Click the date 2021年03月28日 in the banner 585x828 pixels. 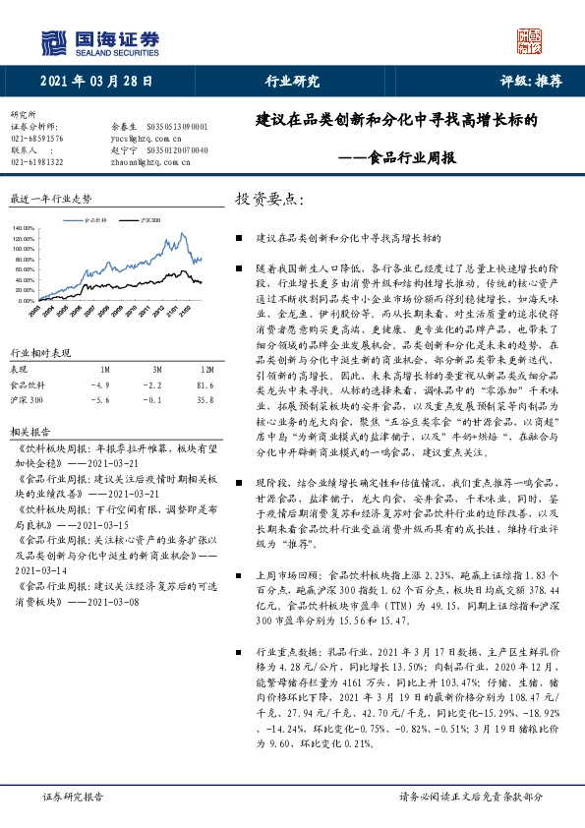click(97, 82)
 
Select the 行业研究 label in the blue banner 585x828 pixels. click(292, 82)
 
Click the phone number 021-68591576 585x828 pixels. click(36, 139)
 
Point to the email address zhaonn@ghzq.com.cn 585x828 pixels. click(145, 162)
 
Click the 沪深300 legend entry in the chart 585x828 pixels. click(147, 221)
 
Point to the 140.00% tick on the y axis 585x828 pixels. click(24, 228)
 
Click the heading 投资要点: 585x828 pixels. click(269, 199)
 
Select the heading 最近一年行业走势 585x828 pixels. click(49, 198)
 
